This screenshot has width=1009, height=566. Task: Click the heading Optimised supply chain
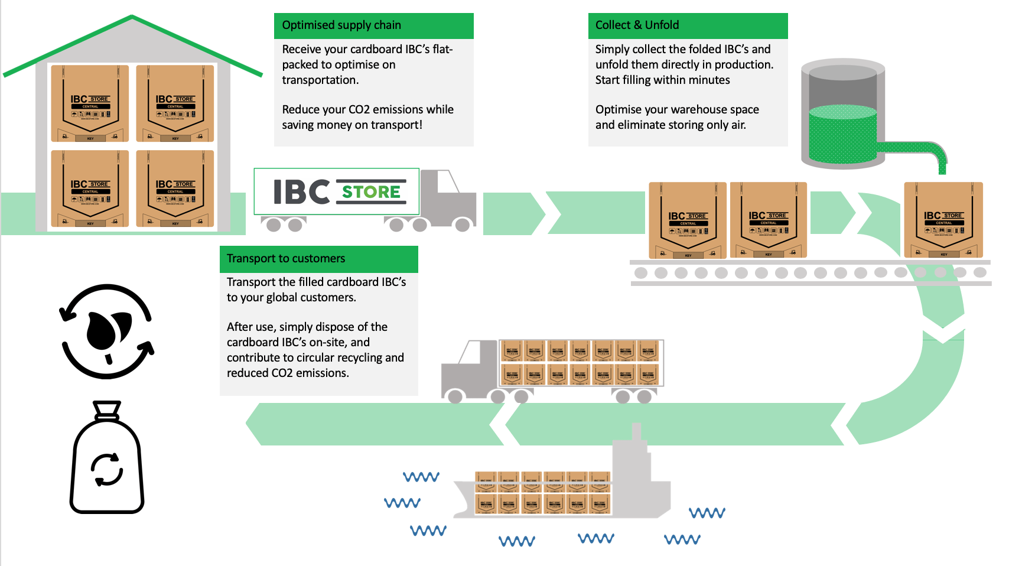click(341, 25)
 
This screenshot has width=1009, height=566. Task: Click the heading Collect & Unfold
click(637, 25)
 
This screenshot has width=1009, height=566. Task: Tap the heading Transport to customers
click(286, 259)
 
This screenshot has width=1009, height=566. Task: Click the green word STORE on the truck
click(372, 192)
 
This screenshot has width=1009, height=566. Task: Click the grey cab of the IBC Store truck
click(452, 198)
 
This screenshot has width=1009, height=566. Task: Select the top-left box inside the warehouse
click(90, 103)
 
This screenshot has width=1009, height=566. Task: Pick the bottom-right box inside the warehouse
click(175, 188)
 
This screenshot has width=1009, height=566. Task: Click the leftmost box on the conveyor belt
click(688, 220)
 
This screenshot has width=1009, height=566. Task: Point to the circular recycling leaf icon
click(107, 331)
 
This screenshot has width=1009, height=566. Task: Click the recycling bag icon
click(107, 461)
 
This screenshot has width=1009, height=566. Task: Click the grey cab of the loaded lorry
click(470, 369)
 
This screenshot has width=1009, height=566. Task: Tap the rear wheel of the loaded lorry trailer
click(644, 396)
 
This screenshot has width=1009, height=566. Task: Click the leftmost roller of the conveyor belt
click(641, 273)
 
